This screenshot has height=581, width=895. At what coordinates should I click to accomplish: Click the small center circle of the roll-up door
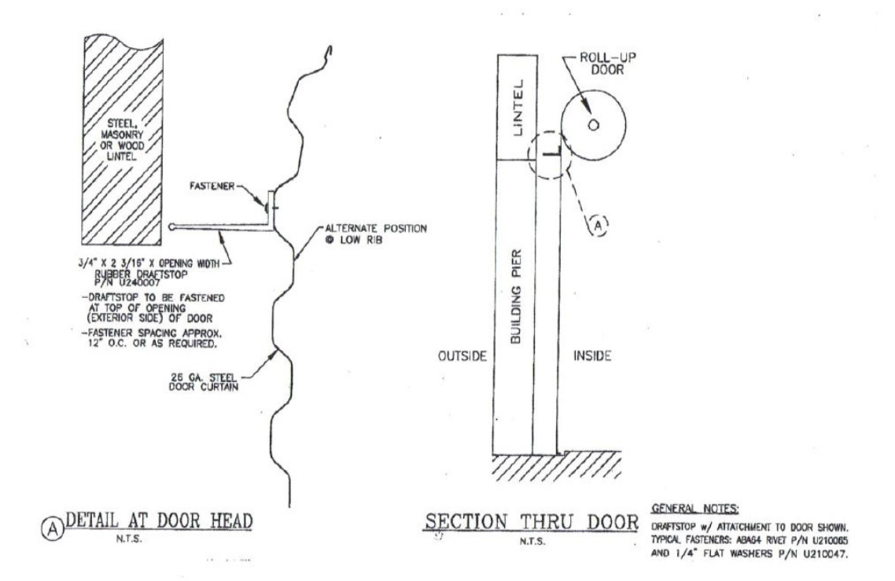tap(593, 124)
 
